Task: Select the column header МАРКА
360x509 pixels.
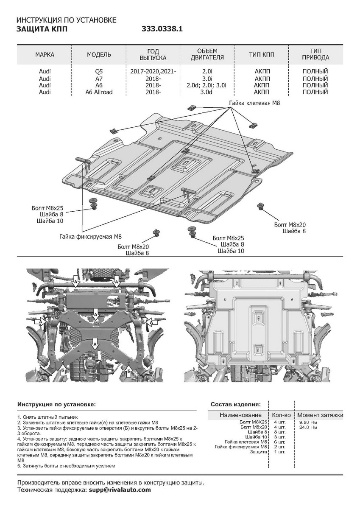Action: pos(45,55)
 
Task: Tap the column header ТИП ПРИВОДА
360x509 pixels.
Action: pos(315,55)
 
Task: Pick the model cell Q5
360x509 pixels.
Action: pos(99,72)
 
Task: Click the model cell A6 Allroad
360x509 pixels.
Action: pos(99,92)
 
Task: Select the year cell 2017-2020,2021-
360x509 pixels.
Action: pos(153,72)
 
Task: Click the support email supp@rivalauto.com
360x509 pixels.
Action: pos(120,489)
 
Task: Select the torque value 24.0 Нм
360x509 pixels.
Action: pos(308,427)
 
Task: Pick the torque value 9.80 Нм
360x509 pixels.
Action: pos(308,422)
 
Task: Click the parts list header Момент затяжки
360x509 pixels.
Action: pos(320,415)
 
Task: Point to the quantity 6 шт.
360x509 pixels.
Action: pos(279,442)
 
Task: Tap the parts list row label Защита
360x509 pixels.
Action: pos(259,452)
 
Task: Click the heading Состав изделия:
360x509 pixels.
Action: pos(236,404)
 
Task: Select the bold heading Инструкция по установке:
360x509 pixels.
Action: pos(56,405)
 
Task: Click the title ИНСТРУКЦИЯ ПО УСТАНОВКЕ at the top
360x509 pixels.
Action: pos(66,20)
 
